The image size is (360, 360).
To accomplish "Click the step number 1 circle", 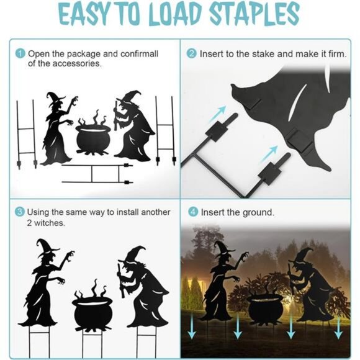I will (20, 53).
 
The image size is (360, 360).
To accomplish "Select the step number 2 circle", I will (191, 53).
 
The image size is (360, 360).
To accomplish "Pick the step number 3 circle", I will (20, 212).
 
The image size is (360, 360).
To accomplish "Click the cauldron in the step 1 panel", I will (93, 136).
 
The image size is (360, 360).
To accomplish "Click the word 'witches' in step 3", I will (47, 222).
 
